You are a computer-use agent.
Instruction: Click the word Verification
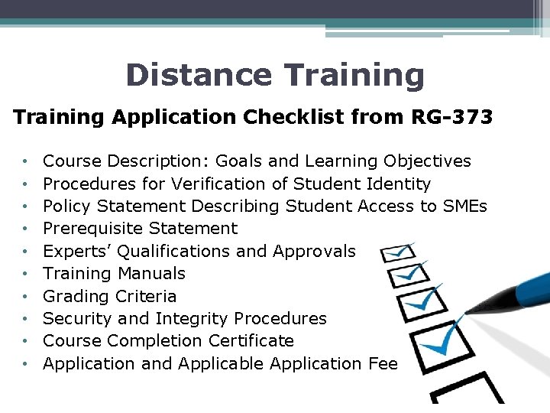click(222, 184)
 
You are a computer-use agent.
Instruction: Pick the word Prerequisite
click(92, 228)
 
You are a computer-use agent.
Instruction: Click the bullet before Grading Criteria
click(26, 296)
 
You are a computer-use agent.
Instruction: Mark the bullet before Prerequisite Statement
click(26, 229)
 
